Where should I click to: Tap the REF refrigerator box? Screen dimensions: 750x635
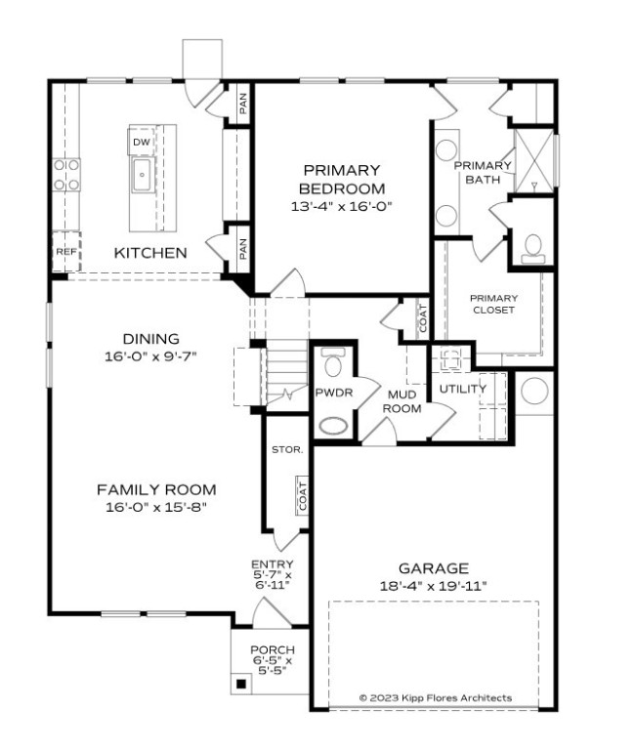click(64, 252)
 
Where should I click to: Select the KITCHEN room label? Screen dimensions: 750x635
click(150, 253)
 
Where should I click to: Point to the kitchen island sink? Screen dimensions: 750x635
click(141, 179)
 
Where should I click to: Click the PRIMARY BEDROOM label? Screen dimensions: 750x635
click(341, 179)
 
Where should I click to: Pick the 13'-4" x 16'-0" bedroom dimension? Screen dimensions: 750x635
click(341, 207)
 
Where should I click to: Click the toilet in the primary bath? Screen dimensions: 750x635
click(533, 247)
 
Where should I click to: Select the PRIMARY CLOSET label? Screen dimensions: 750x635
click(492, 304)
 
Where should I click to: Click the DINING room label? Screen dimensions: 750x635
click(150, 339)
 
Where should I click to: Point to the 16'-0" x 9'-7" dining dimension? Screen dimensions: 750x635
click(150, 356)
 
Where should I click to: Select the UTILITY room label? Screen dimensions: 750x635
click(462, 389)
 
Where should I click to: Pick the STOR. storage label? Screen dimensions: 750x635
click(287, 450)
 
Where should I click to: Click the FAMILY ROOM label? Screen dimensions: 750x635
click(156, 489)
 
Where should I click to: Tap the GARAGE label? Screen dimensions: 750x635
click(433, 567)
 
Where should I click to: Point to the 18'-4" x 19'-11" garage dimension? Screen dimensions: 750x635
click(433, 585)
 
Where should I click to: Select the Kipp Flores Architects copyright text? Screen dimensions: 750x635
click(435, 698)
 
